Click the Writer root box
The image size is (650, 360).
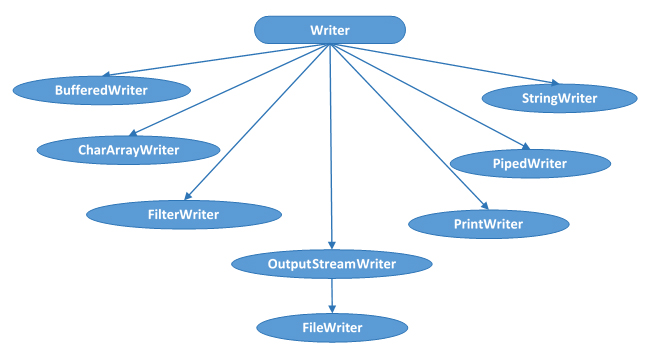tap(330, 30)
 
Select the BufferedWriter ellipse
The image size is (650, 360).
tap(101, 90)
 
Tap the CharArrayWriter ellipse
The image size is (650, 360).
tap(128, 150)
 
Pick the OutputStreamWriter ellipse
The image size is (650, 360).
tap(331, 264)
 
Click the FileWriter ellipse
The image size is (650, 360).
tap(331, 327)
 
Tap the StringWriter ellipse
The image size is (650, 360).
tap(559, 98)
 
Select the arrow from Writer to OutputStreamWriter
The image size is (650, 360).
tap(331, 150)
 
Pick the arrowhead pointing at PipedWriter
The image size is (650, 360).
tap(521, 145)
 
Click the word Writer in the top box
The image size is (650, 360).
tap(330, 30)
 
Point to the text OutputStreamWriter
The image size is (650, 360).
tap(331, 264)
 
